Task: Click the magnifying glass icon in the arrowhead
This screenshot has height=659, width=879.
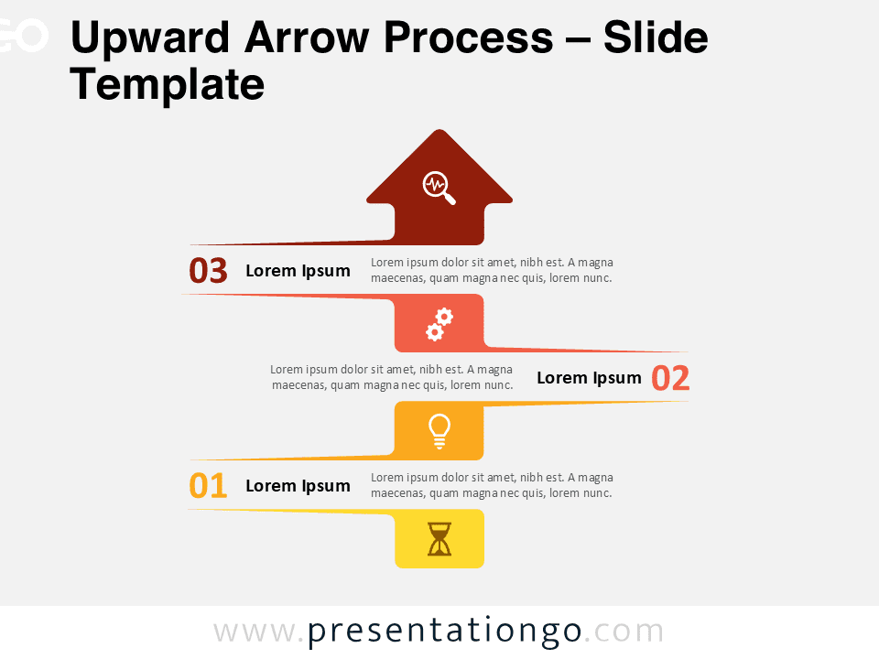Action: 439,187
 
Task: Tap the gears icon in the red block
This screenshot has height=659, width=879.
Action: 439,324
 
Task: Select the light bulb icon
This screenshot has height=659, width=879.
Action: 439,430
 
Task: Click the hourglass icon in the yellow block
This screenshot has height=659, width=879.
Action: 439,539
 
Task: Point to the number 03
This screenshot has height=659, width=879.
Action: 208,271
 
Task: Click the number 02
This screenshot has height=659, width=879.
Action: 670,378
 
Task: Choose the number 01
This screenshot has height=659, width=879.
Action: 208,486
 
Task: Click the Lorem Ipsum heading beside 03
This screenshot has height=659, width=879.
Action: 298,271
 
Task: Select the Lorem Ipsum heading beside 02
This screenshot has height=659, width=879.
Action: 589,378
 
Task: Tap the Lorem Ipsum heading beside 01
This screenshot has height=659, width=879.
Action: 298,486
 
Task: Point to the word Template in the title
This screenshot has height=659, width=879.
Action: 167,85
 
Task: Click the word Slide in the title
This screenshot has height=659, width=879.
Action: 656,38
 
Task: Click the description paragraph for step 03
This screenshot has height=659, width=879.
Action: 492,270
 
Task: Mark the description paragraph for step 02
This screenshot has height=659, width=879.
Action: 392,377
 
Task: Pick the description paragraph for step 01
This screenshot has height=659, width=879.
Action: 492,485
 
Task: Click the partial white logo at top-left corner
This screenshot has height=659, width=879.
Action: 23,37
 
